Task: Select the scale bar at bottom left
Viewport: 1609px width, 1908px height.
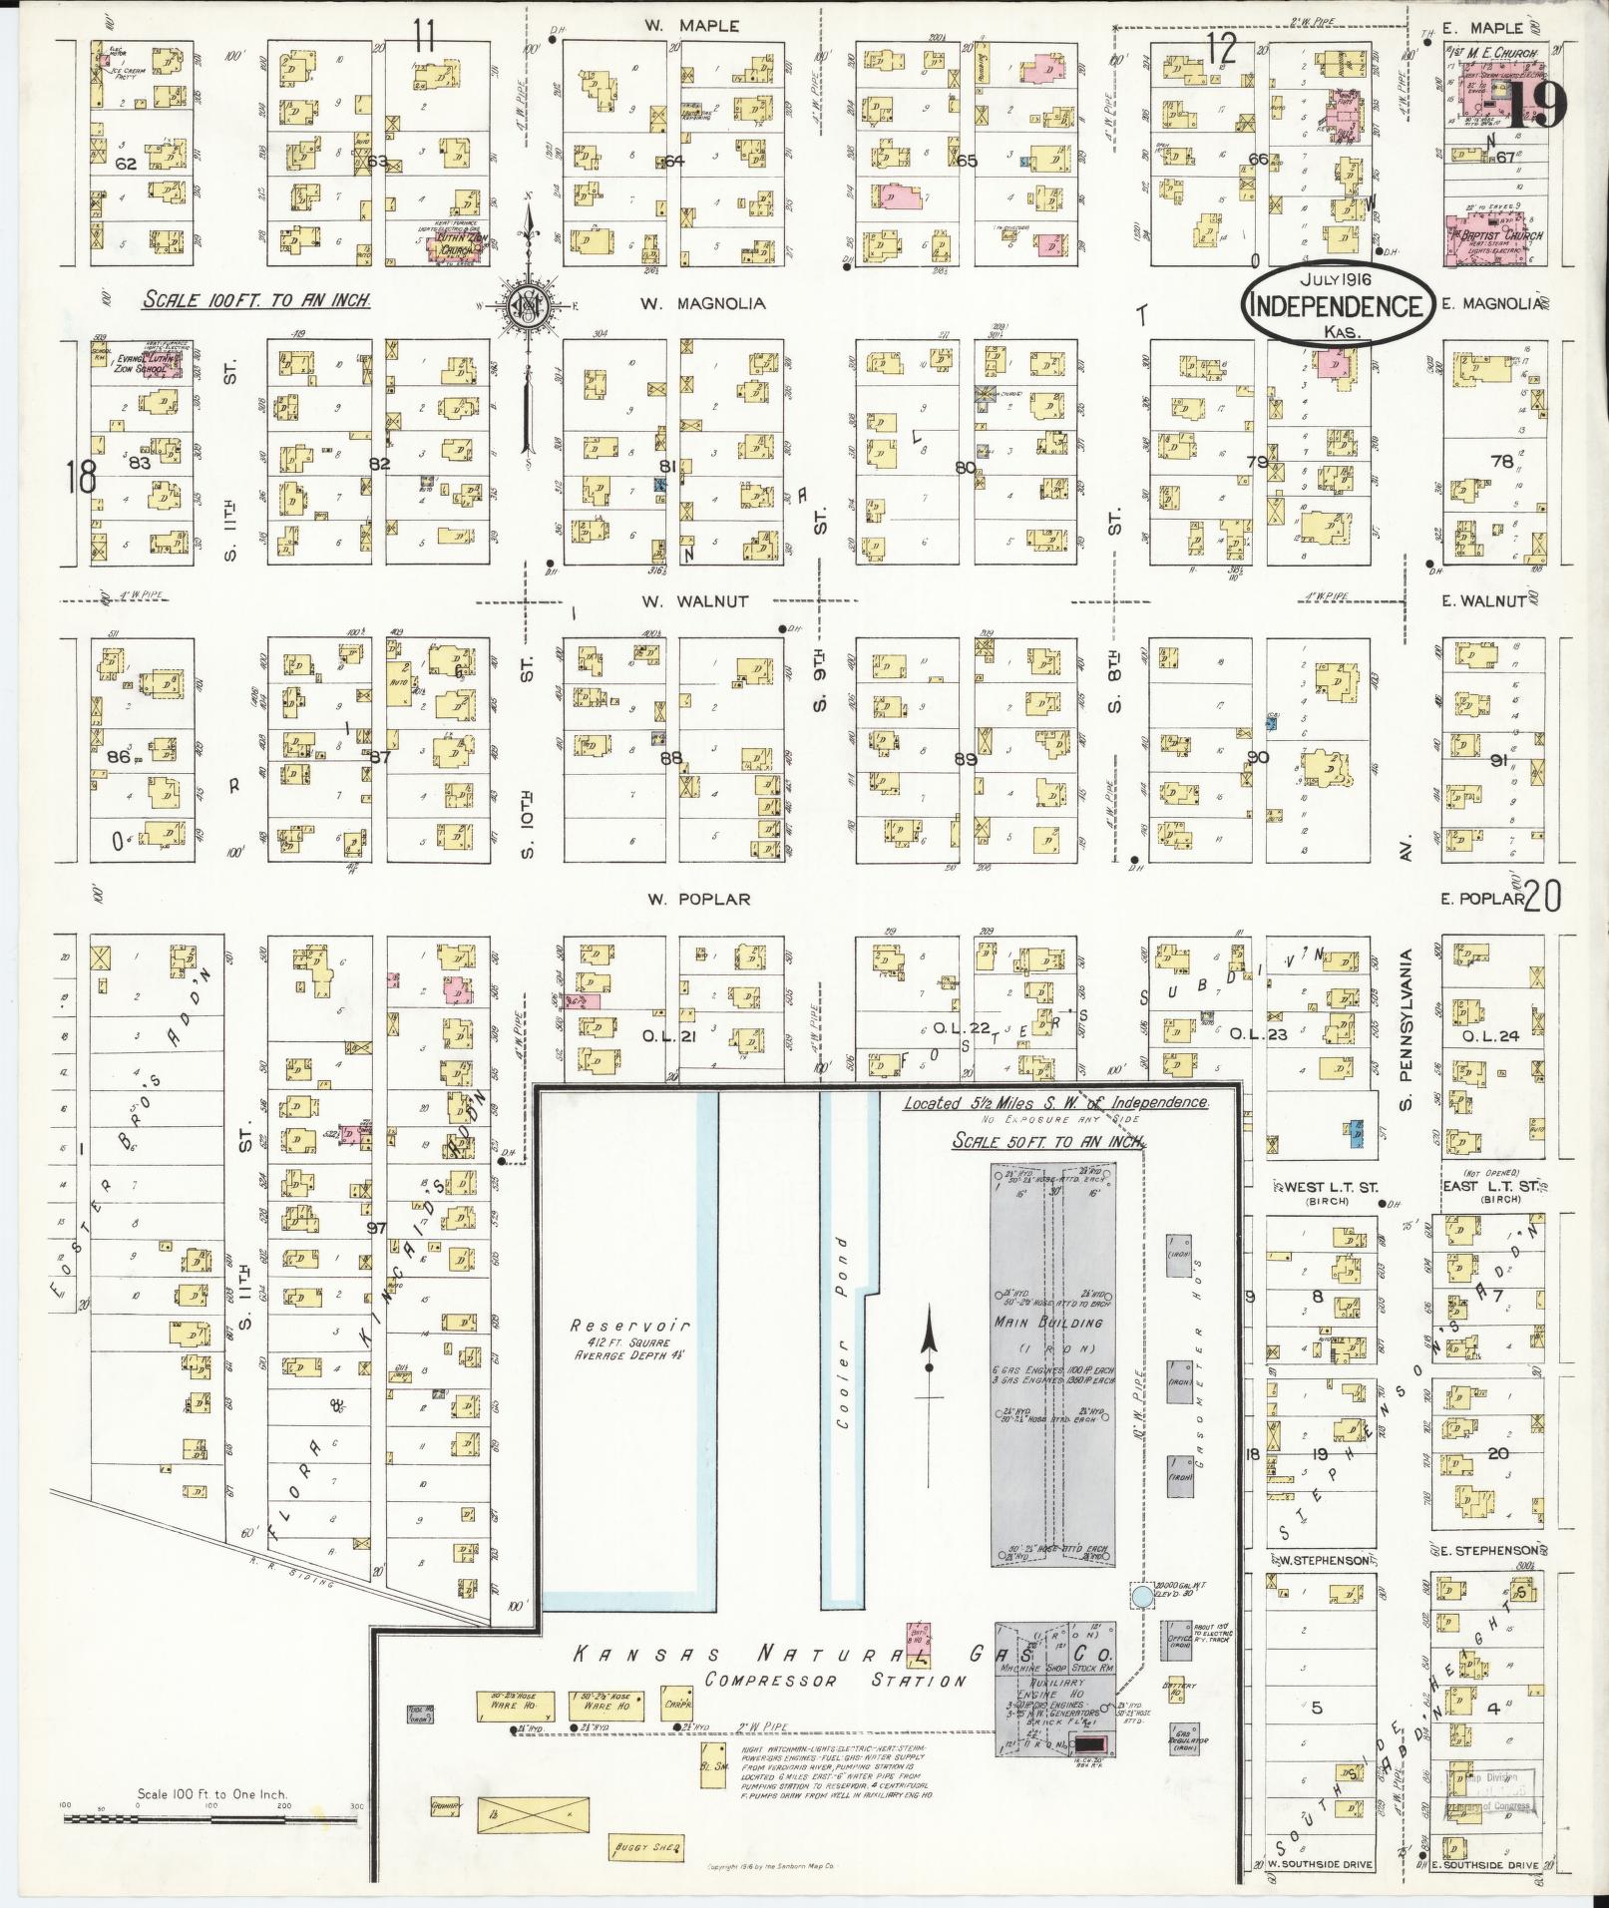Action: [x=176, y=1818]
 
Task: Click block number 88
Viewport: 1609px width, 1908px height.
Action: [x=670, y=758]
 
